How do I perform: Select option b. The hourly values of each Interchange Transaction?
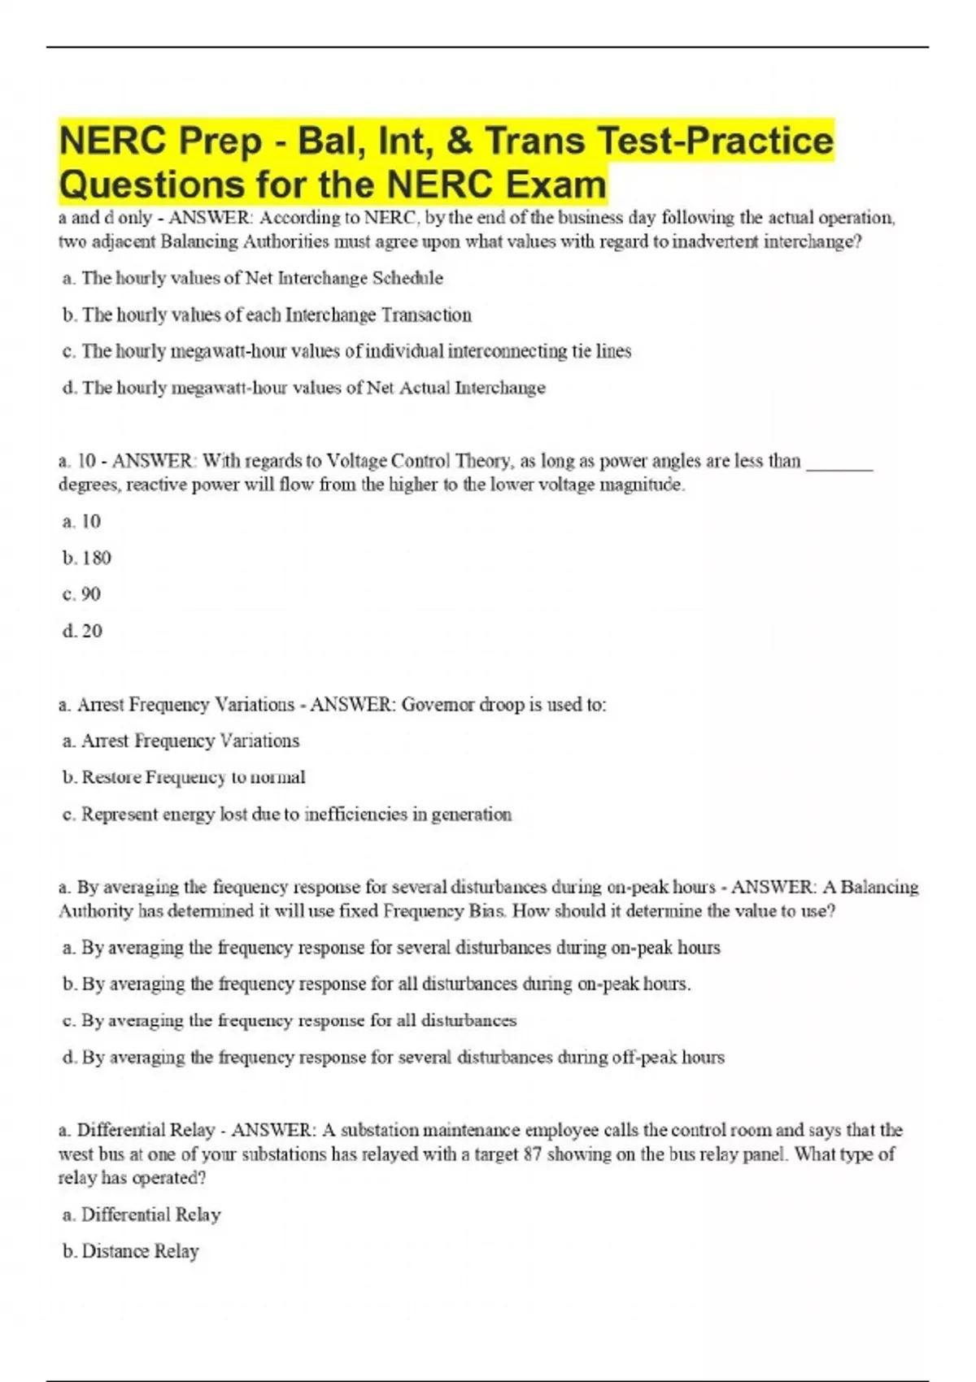tap(267, 315)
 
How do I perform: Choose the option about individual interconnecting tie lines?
tap(346, 351)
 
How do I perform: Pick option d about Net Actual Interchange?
tap(304, 388)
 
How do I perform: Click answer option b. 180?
tap(87, 558)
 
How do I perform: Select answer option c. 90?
tap(82, 594)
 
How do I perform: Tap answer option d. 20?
tap(83, 631)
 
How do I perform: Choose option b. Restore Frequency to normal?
tap(185, 777)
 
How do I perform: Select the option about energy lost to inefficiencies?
tap(287, 814)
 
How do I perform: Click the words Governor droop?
tap(464, 705)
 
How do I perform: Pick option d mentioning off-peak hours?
tap(394, 1057)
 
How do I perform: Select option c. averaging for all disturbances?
tap(290, 1020)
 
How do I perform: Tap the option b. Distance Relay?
tap(131, 1251)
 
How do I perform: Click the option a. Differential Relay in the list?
tap(142, 1215)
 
